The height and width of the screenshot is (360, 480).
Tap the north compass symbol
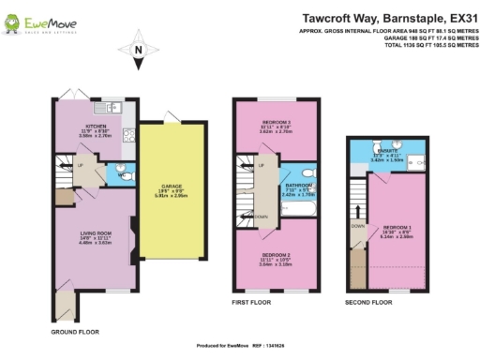[x=139, y=54]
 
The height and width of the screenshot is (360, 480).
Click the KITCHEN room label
[x=96, y=127]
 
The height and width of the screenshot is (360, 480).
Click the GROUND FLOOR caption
[x=73, y=331]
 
